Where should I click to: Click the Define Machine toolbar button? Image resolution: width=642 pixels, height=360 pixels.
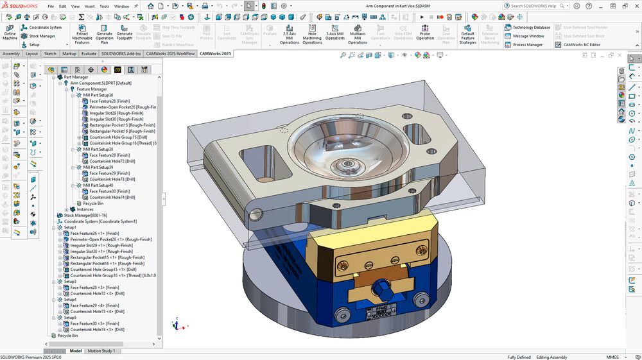pos(10,33)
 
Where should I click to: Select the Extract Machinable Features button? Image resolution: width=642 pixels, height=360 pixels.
pos(82,33)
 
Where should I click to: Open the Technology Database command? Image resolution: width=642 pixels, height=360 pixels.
pos(531,28)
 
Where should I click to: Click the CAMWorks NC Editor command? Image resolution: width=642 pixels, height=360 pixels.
pos(581,44)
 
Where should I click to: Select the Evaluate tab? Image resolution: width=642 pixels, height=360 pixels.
pos(89,54)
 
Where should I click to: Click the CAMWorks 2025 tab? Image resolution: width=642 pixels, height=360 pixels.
pos(215,54)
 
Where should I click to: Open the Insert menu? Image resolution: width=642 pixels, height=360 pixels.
pos(90,6)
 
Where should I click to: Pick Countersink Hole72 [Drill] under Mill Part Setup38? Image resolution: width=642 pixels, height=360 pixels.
pos(112,161)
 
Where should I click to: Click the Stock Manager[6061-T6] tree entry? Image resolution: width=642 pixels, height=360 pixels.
pos(86,216)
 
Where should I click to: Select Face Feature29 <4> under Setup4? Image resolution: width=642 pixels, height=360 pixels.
pos(94,305)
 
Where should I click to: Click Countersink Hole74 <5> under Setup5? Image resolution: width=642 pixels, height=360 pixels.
pos(97,329)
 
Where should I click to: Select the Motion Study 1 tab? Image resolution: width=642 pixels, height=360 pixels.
pos(101,351)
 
